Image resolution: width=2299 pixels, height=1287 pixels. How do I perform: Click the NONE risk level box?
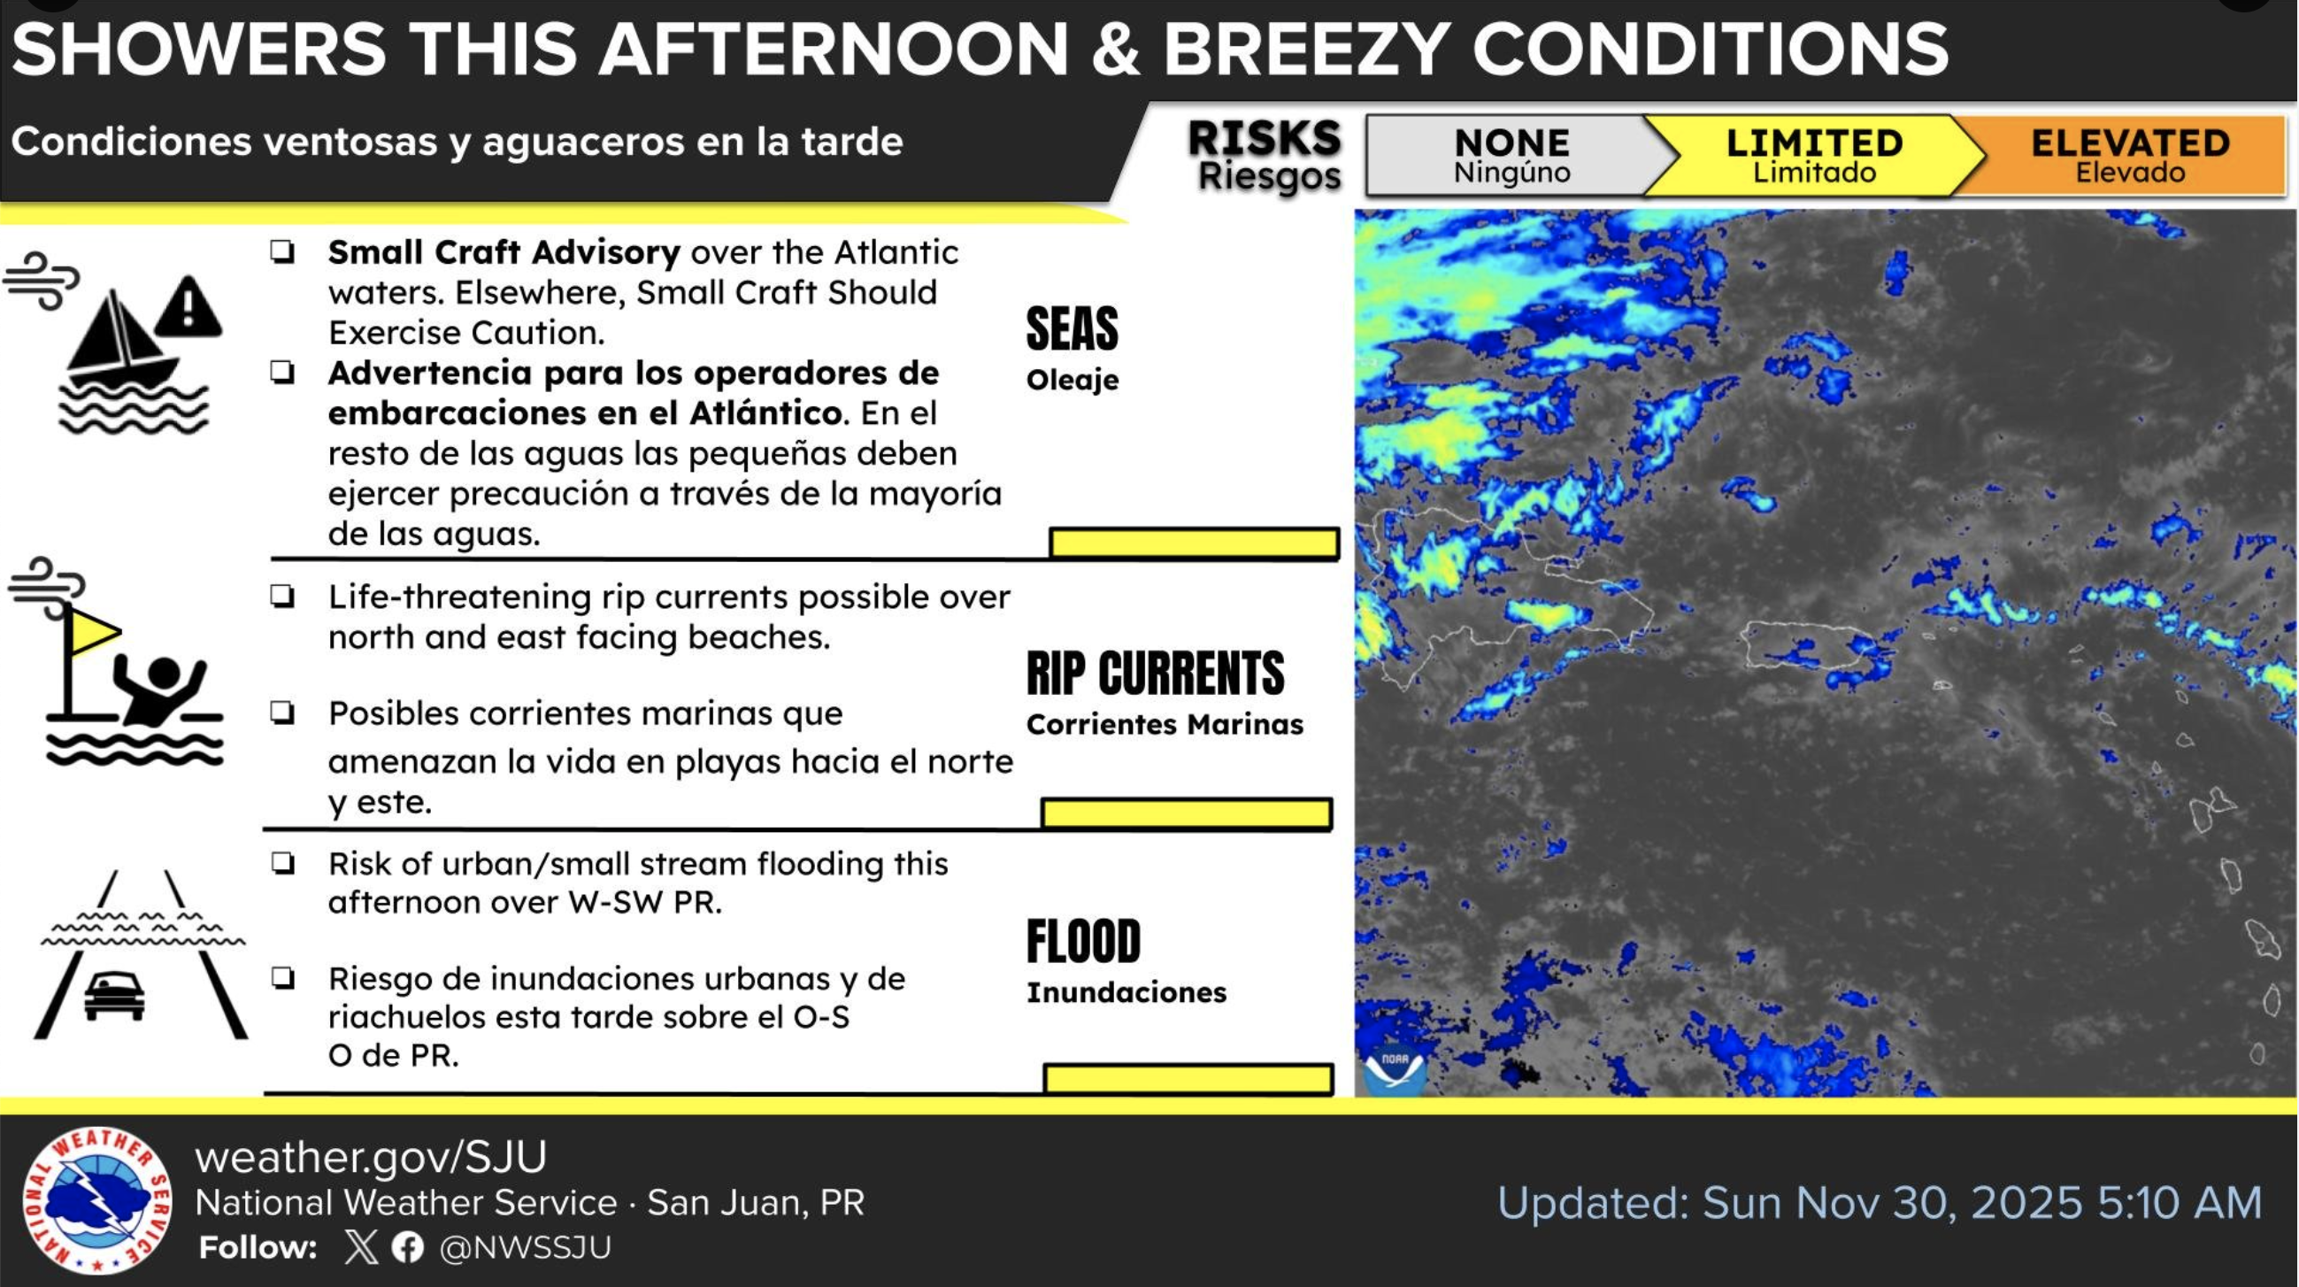click(1508, 155)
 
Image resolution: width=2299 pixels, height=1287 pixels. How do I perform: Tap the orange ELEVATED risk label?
click(2129, 155)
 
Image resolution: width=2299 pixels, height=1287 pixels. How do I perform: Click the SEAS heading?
click(1072, 328)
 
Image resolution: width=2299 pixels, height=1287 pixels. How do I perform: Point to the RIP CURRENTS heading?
click(1155, 673)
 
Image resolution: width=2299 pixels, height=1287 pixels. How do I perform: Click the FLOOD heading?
click(1083, 942)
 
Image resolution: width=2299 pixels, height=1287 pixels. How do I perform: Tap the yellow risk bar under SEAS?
click(1194, 543)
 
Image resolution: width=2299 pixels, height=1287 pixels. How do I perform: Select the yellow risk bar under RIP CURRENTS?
click(1187, 813)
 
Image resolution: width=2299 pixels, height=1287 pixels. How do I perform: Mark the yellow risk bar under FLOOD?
click(1188, 1078)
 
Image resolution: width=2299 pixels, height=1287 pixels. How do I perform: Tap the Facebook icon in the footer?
click(408, 1247)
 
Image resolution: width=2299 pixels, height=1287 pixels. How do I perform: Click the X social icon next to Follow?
click(360, 1247)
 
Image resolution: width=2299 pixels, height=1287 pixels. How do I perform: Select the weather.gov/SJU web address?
click(371, 1157)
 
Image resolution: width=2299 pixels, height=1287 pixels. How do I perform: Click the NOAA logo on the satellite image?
click(1394, 1067)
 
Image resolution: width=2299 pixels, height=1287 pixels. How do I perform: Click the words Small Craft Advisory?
click(504, 252)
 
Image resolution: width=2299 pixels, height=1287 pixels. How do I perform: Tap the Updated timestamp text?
click(1880, 1202)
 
